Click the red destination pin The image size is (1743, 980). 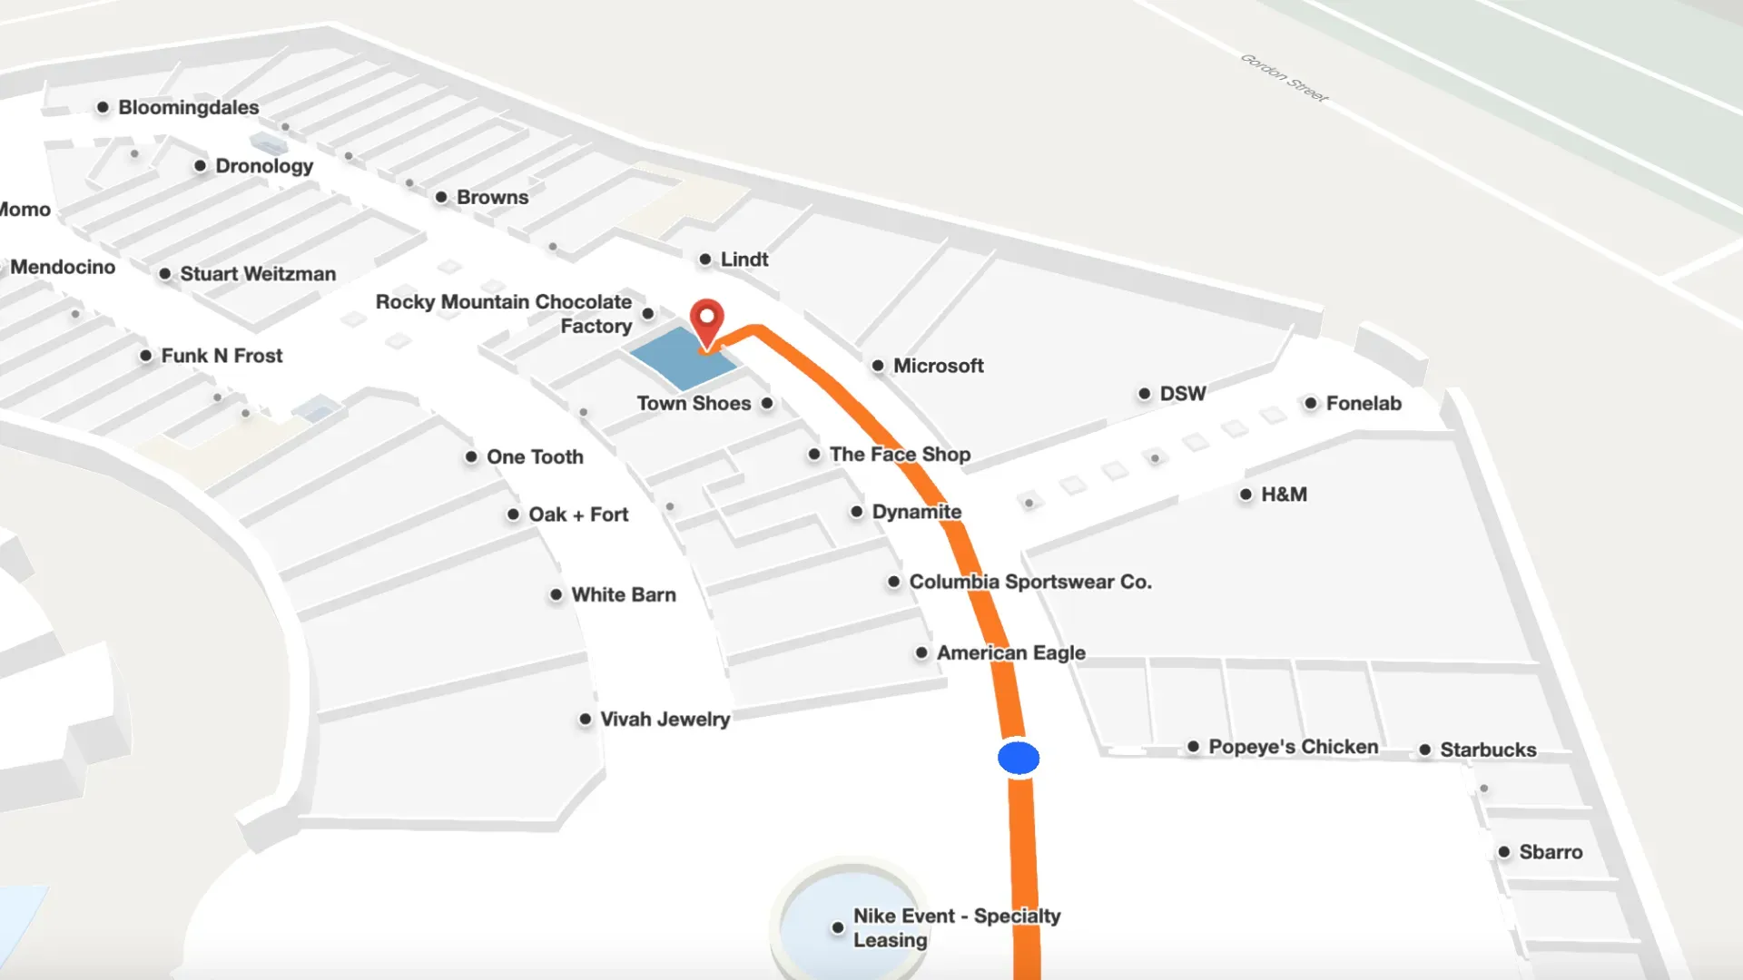tap(706, 320)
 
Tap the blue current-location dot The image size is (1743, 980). tap(1019, 758)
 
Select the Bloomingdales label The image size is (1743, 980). tap(188, 107)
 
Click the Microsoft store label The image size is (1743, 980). tap(938, 366)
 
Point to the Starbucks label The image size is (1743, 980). tap(1488, 750)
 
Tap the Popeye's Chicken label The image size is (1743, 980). tap(1293, 747)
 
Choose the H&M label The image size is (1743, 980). tap(1284, 495)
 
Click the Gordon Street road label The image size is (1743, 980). tap(1284, 78)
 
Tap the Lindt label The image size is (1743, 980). tap(744, 260)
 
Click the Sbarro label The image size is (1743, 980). tap(1551, 852)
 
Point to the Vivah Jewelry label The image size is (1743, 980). tap(665, 720)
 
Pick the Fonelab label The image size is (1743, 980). tap(1364, 403)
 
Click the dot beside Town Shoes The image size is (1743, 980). tap(767, 403)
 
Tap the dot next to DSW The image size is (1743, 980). tap(1144, 394)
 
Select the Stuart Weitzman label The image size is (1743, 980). tap(258, 274)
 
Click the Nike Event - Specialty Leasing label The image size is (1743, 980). tap(956, 927)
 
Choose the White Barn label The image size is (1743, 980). tap(624, 595)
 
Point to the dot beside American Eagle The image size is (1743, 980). tap(921, 652)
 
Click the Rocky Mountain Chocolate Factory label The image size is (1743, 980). tap(504, 313)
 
